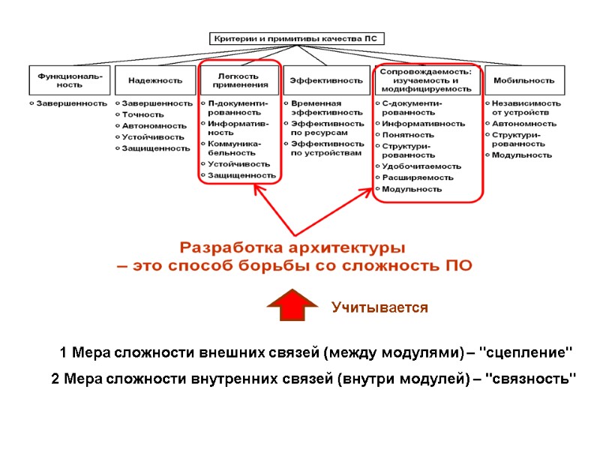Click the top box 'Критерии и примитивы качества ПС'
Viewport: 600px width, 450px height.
[293, 38]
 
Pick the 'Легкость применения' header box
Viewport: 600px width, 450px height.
[238, 80]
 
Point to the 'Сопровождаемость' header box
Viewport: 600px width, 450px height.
[426, 80]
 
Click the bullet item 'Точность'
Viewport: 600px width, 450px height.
[142, 114]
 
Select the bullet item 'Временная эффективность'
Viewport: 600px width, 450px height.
[316, 108]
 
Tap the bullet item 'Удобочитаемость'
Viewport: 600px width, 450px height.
[421, 166]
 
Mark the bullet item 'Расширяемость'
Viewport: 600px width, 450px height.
[418, 178]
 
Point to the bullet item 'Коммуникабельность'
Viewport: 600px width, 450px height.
[235, 147]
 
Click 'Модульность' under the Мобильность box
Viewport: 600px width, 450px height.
[521, 155]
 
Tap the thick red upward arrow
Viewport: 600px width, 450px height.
[292, 304]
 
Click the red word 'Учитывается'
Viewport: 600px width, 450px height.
[379, 307]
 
